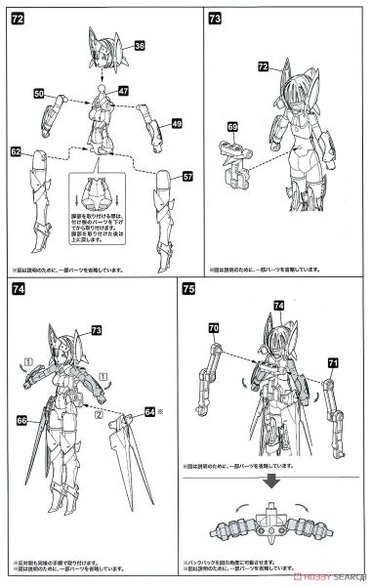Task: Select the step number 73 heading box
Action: (x=215, y=18)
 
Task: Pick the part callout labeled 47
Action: (x=123, y=89)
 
